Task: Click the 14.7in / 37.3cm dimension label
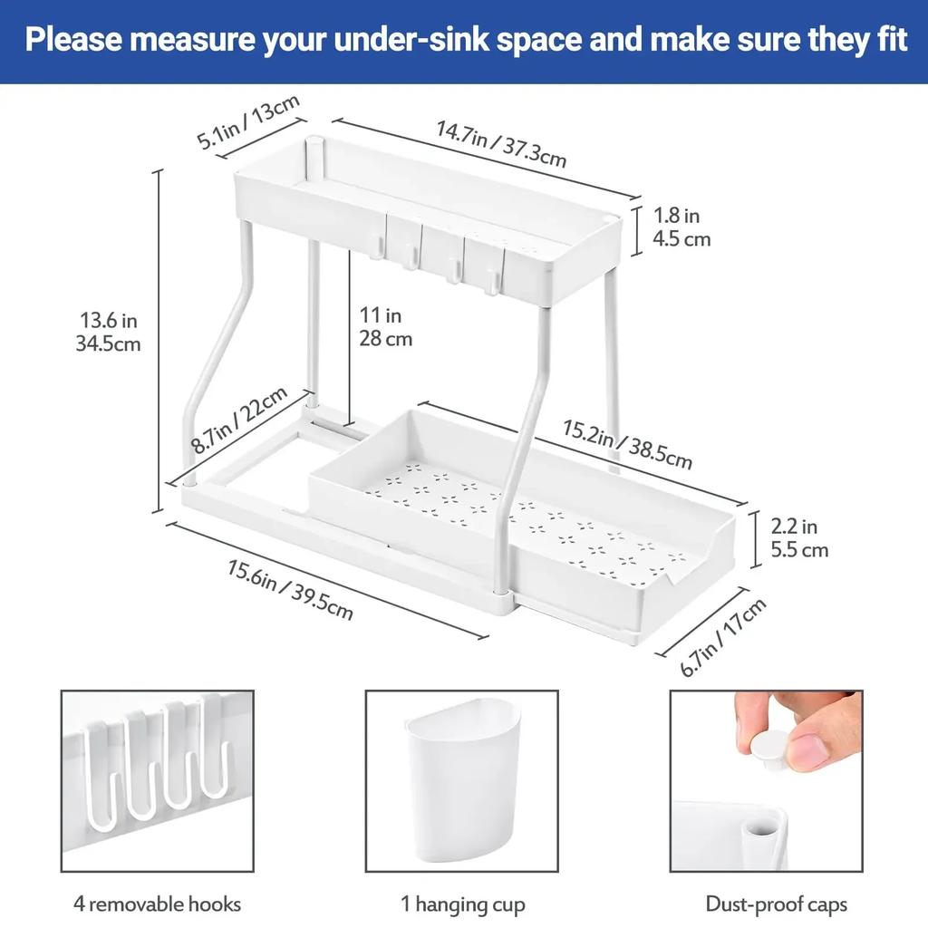[501, 144]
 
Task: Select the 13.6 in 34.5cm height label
[109, 332]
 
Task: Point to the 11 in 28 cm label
[386, 327]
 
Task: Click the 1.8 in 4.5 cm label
[681, 227]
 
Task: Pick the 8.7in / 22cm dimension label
[239, 420]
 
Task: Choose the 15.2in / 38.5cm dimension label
[627, 445]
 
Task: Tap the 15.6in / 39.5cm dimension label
[290, 590]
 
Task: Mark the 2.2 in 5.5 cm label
[798, 537]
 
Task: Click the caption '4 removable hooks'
[158, 904]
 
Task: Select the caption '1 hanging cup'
[462, 904]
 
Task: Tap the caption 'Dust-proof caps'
[776, 904]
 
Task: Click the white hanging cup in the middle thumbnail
[463, 784]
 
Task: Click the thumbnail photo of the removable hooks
[158, 781]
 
